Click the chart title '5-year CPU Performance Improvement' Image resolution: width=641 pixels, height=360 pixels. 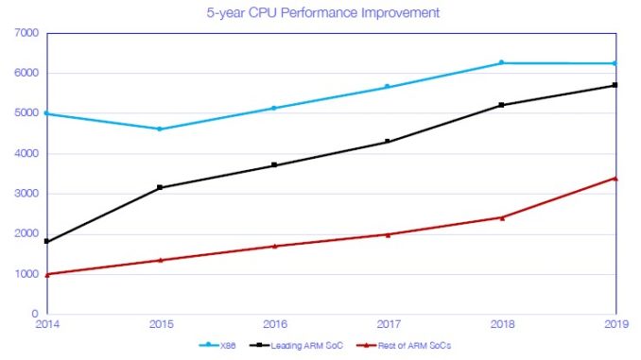point(320,13)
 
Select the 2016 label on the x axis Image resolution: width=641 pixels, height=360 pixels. point(274,324)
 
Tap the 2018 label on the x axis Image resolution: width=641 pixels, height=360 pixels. point(502,324)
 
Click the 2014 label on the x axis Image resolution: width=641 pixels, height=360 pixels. point(46,324)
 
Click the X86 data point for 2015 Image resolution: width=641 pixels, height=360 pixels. point(160,129)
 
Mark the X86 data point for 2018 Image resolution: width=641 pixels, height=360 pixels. point(502,62)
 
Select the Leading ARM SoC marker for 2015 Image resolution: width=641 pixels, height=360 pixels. point(160,187)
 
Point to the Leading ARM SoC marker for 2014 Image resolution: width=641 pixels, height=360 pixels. point(46,241)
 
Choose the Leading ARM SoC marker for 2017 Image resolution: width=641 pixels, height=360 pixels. point(388,142)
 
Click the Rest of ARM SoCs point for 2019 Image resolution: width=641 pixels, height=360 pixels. point(615,178)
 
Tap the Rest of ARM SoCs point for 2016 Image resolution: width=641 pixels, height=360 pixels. point(274,246)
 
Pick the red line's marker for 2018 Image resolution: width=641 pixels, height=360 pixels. point(502,217)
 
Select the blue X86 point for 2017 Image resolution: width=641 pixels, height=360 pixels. point(388,87)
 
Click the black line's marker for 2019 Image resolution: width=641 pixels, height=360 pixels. point(615,85)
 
